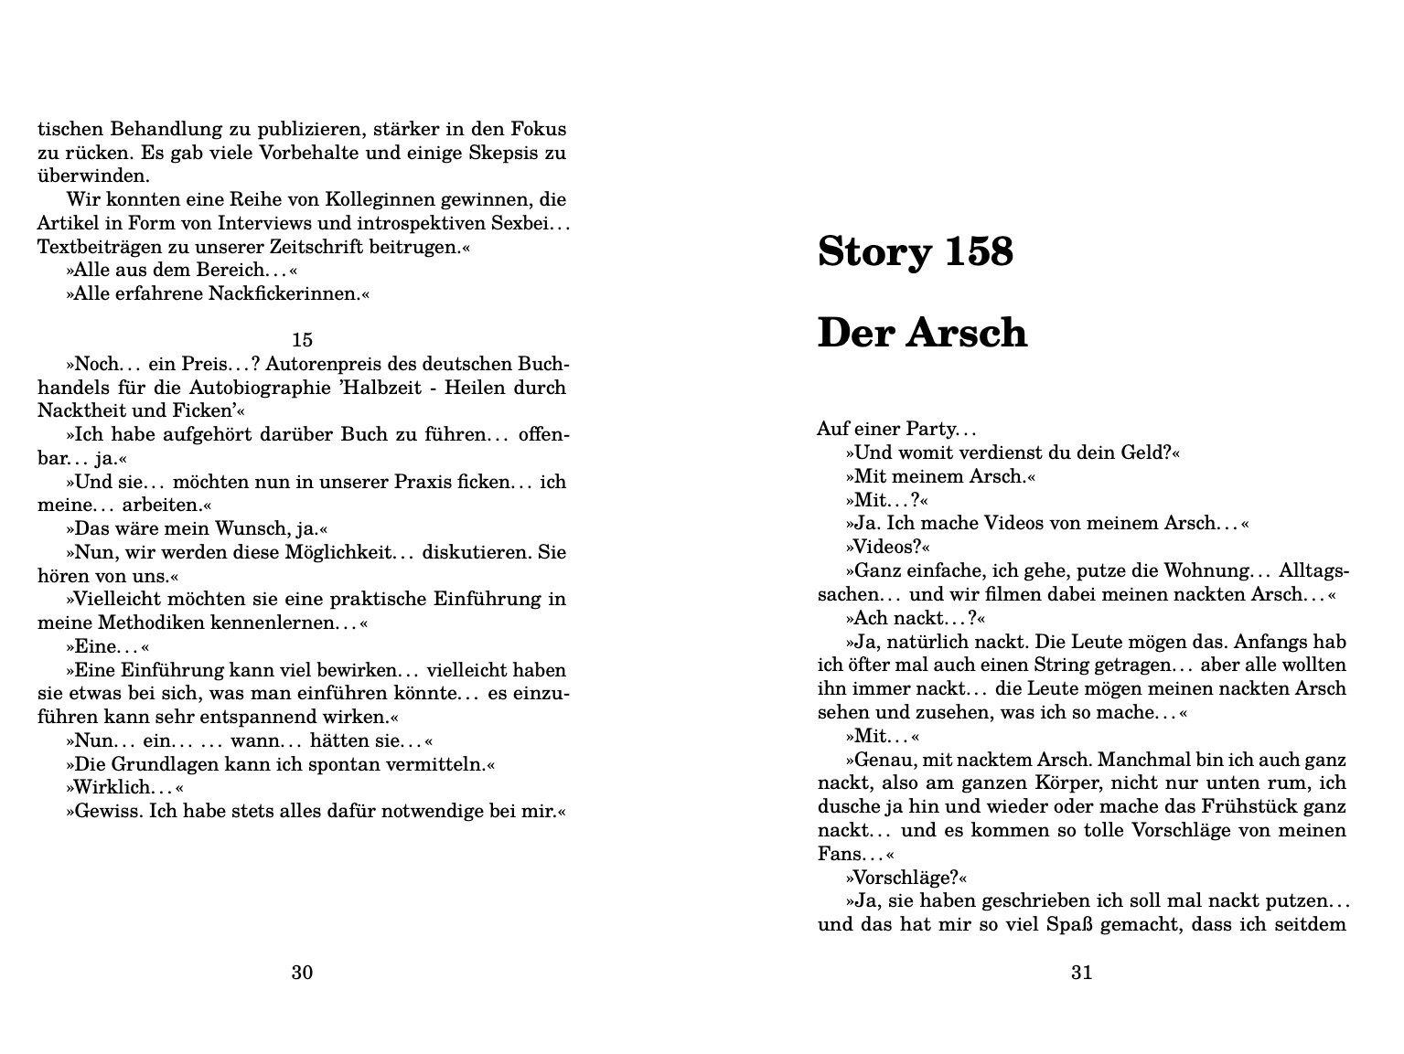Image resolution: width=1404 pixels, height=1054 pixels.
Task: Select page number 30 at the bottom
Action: [x=302, y=972]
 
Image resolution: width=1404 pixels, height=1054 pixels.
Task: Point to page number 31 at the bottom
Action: [x=1081, y=972]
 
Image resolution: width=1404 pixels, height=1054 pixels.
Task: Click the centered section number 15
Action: [x=302, y=340]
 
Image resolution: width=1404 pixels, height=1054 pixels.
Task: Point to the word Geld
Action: [x=1147, y=452]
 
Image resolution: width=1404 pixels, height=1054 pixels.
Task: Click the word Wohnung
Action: [x=1206, y=570]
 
